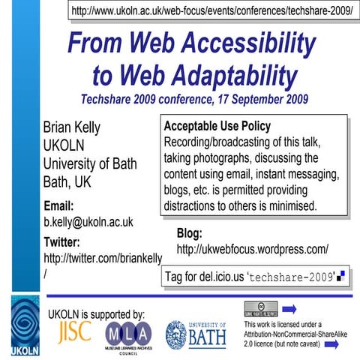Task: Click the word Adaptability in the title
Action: (224, 75)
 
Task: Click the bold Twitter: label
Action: (67, 241)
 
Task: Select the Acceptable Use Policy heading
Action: (217, 126)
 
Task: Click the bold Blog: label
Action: (190, 232)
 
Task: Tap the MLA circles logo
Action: (127, 333)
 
